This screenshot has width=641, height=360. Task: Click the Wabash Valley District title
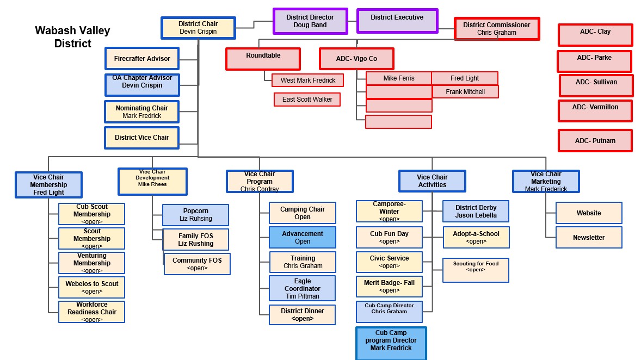point(72,37)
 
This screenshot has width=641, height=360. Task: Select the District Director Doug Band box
point(310,21)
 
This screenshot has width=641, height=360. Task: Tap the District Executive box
point(397,20)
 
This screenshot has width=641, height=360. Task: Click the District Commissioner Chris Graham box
point(496,29)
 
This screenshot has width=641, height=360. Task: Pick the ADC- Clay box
point(595,35)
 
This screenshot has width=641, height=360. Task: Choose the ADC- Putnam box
point(595,140)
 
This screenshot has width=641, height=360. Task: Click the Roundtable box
point(263,59)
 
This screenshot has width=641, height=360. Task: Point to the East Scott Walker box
point(307,100)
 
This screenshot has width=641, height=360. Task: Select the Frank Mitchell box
point(465,92)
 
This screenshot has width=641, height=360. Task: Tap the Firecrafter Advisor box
point(142,59)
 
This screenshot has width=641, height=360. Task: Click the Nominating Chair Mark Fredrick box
point(141,111)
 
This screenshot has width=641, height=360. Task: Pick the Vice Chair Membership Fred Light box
point(48,185)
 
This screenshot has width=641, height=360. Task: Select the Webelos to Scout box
point(92,287)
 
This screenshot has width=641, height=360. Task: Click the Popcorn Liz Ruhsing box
point(195,215)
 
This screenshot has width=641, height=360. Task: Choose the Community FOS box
point(197,264)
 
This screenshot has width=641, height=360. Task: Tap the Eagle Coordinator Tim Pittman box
point(303,288)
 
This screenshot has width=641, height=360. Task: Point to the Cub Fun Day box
point(389,237)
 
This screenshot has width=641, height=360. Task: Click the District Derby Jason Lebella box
point(476,212)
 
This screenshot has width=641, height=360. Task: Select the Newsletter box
point(589,238)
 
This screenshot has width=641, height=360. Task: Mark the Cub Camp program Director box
point(391,343)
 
